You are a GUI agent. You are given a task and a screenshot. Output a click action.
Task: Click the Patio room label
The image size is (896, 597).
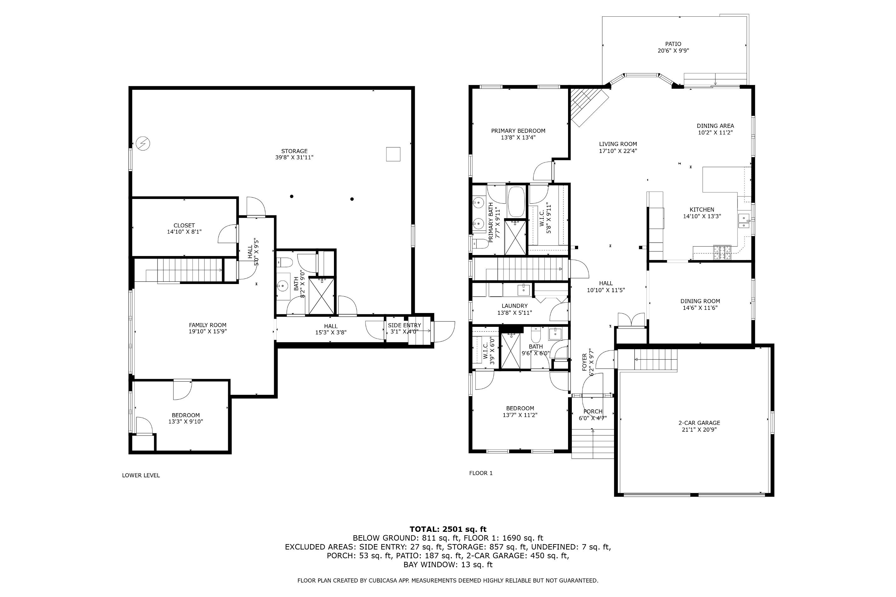[x=673, y=44]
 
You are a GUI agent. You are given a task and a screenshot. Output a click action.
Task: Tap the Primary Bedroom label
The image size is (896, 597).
[x=518, y=131]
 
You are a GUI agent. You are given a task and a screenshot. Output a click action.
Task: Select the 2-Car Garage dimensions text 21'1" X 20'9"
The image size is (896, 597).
[x=699, y=429]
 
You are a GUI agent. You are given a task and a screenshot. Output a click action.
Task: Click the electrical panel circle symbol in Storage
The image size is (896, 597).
[x=143, y=144]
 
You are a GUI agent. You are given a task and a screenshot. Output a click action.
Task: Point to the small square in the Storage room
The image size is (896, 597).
[x=393, y=154]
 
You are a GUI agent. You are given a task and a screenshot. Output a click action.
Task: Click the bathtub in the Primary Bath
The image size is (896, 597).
[x=516, y=202]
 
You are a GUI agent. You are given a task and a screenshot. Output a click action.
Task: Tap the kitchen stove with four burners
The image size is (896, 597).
[x=722, y=252]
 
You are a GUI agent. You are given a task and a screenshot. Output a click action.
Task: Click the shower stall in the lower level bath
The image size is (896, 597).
[x=322, y=297]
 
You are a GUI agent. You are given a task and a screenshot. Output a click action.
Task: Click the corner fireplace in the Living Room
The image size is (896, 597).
[x=589, y=107]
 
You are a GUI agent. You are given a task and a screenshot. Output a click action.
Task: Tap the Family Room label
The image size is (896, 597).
[x=208, y=325]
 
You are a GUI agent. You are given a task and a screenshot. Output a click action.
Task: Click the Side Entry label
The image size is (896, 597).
[x=405, y=325]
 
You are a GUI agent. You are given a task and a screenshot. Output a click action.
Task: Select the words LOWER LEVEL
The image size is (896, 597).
[x=141, y=475]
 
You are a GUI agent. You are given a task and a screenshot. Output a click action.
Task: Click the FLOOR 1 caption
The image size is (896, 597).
[x=481, y=473]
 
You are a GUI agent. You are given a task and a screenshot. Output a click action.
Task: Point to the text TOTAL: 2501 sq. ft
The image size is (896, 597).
[x=448, y=529]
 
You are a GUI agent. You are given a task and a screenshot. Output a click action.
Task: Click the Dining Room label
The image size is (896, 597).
[x=700, y=301]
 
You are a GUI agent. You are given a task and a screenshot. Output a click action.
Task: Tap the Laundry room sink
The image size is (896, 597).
[x=523, y=290]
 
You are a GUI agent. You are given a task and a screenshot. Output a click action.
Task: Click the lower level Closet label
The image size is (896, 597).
[x=184, y=225]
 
